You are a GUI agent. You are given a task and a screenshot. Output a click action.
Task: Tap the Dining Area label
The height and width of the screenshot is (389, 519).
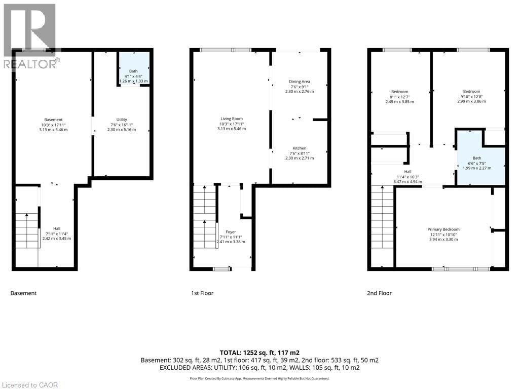coord(299,82)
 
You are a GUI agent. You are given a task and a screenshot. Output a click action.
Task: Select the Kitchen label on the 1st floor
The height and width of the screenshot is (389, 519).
coord(299,148)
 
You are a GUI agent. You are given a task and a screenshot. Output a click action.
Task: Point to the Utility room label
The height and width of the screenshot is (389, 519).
coord(122,120)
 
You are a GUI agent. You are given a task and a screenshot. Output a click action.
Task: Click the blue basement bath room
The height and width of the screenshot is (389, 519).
coord(134,68)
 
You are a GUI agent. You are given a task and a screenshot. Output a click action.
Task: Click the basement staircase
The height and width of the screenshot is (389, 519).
coord(27,230)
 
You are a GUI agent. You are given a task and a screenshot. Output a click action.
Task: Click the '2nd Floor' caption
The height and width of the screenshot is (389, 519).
coord(379,293)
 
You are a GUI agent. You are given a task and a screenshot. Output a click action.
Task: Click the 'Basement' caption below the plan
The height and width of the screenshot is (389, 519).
coord(23,293)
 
